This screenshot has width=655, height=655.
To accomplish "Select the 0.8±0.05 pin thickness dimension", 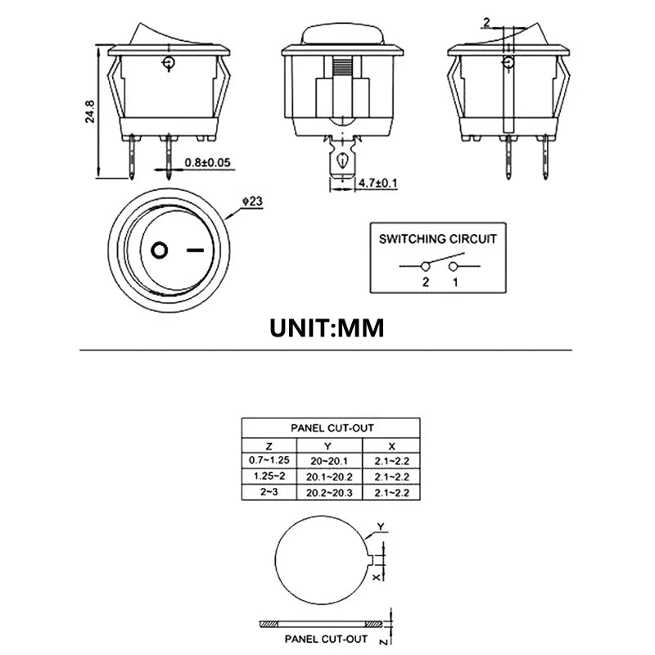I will point(209,162).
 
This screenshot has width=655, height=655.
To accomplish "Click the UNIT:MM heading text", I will point(327,327).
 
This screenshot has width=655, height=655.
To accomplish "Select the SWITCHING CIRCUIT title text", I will point(437,239).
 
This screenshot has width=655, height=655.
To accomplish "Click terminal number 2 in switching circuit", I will point(425,282).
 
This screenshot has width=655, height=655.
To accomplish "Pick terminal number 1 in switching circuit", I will point(454,282).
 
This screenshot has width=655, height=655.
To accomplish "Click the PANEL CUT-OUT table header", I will point(331,427).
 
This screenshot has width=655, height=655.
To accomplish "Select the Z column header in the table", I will point(269,446).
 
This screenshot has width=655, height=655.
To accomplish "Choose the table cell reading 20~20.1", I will point(328,461).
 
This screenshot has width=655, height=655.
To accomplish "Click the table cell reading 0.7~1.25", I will point(269,461).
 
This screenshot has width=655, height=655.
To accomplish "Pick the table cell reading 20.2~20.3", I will point(328,492).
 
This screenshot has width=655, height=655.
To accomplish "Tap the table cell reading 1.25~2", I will point(269,477).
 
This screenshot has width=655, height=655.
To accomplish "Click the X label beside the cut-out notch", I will point(377,577).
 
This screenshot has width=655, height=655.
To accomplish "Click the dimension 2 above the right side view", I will point(486,21).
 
